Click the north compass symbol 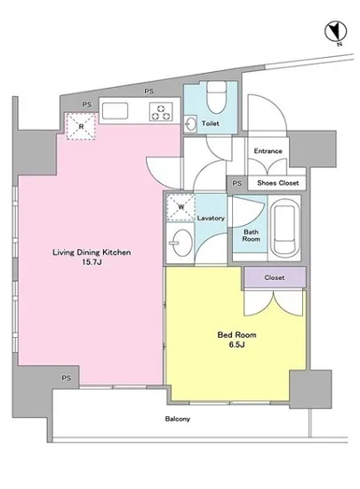click(336, 32)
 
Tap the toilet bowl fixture click(216, 97)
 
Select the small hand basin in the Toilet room click(189, 124)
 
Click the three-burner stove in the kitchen click(161, 112)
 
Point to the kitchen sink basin click(115, 111)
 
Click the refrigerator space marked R click(81, 126)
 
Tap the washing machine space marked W click(180, 207)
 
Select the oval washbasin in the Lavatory click(181, 243)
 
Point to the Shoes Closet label click(277, 183)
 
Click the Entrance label click(268, 151)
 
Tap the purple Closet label click(275, 277)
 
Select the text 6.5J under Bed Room click(236, 345)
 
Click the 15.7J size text click(92, 262)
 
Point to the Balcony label click(178, 419)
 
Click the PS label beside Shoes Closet click(236, 183)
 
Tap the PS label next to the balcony click(66, 378)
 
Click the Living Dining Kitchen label click(92, 253)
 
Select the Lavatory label click(211, 218)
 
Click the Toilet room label click(211, 124)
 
